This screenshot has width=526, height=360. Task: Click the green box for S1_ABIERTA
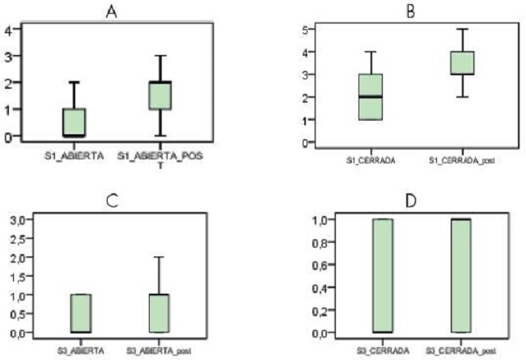[x=74, y=122]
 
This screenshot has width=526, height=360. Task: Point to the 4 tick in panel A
[x=10, y=31]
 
